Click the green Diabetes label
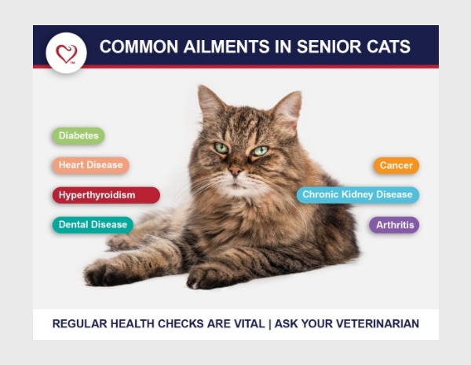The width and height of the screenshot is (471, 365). point(78,135)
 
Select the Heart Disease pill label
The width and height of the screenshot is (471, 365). point(91,165)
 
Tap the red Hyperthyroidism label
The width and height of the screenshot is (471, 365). point(106,195)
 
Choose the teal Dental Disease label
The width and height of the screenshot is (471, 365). point(93,224)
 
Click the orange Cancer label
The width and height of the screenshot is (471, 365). point(396,165)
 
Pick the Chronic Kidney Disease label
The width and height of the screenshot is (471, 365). point(357,194)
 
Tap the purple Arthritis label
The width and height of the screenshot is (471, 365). point(394,225)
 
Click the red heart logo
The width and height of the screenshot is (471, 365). point(67,53)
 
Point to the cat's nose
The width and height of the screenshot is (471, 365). point(235,171)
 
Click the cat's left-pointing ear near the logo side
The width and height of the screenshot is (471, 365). point(210,102)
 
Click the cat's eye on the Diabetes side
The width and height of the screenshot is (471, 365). point(221,148)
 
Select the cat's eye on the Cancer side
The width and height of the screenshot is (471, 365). point(260,150)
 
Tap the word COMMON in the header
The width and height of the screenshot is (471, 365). point(139,46)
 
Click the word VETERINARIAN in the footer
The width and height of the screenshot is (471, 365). point(378,324)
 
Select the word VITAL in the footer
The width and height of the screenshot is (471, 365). point(250,324)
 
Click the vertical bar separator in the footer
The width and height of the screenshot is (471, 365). point(270,324)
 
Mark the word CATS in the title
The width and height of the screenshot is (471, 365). point(389,46)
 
